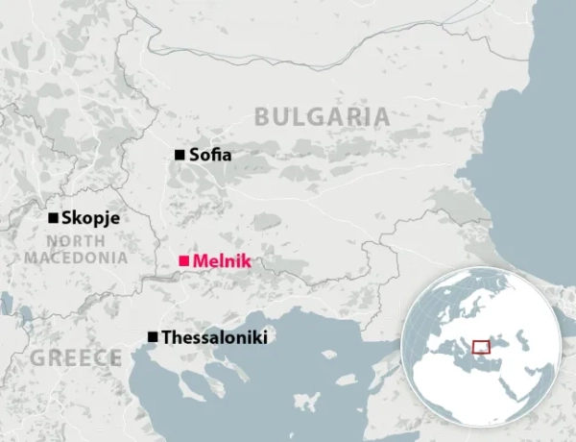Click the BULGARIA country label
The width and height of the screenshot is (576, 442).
pos(322,118)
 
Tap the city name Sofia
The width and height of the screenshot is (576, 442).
pos(210,155)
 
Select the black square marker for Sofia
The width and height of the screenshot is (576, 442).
pos(179,155)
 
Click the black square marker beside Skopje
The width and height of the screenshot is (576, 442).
pos(54,218)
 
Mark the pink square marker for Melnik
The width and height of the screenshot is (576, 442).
pos(183,260)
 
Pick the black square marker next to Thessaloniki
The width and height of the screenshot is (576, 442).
pos(152,337)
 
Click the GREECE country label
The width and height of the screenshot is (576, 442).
pos(76,358)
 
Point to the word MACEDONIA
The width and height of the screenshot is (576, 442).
pos(76,258)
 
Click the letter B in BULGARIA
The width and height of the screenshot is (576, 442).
pos(262,118)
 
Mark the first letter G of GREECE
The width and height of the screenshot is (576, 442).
pos(39,358)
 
